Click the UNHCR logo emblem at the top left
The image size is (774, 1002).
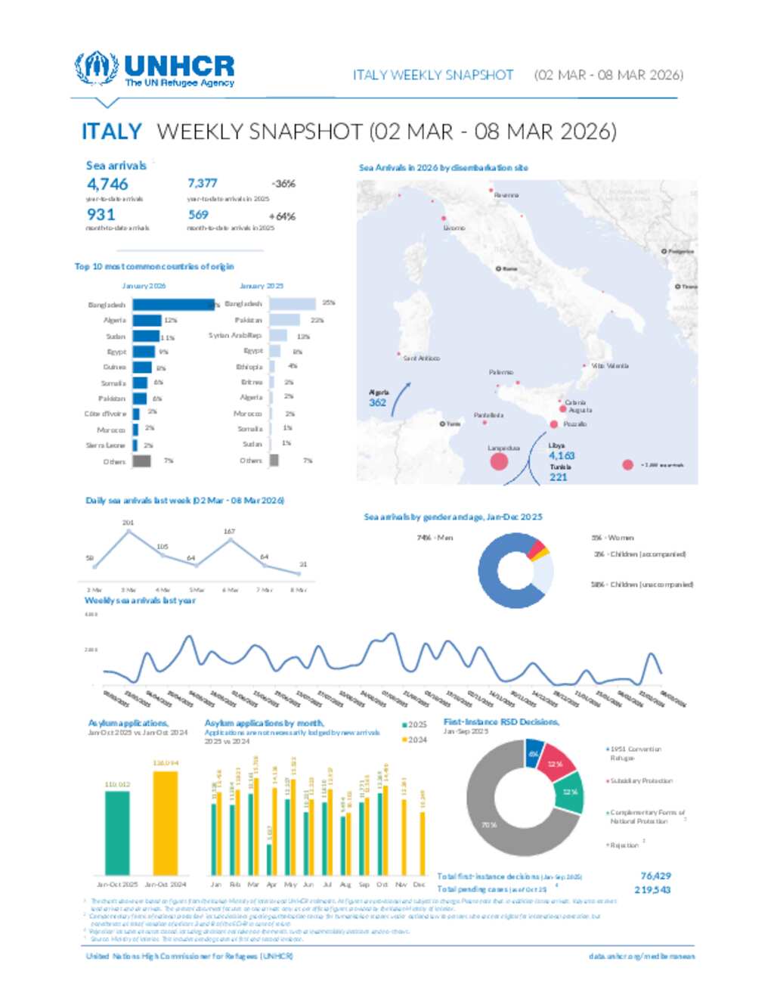[96, 68]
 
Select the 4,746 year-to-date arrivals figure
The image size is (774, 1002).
[107, 184]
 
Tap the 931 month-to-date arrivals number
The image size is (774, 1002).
[101, 215]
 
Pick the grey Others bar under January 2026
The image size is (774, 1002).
[141, 461]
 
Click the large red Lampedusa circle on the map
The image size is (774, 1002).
[499, 461]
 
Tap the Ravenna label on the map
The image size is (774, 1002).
[506, 195]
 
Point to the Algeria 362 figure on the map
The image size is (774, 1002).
[377, 402]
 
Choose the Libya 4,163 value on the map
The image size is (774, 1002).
[562, 455]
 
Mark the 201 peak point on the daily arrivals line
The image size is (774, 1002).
[128, 532]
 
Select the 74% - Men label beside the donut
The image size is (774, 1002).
[435, 538]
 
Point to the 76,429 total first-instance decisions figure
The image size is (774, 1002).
[655, 876]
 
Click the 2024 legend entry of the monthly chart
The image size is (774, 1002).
[415, 740]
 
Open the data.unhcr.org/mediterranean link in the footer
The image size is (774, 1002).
[641, 956]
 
